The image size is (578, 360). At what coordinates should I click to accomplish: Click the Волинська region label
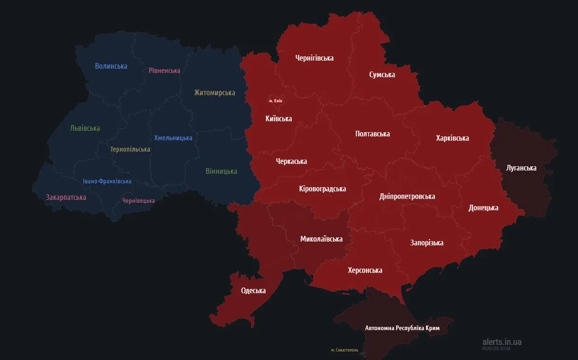click(x=111, y=66)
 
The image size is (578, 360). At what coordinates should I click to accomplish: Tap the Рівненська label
click(x=164, y=71)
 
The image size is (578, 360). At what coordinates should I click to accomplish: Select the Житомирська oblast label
click(x=214, y=93)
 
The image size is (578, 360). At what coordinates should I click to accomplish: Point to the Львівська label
click(x=85, y=128)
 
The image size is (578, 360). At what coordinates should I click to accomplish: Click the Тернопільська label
click(x=130, y=149)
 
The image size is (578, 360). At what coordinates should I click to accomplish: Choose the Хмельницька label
click(x=173, y=138)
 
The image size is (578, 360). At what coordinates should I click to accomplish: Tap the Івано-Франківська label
click(x=107, y=181)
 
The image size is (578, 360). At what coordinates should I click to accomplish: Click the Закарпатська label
click(x=66, y=198)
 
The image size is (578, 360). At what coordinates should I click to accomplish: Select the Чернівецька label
click(x=138, y=201)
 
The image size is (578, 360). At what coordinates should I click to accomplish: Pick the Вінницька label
click(x=221, y=171)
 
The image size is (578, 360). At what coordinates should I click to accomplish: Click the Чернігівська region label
click(x=314, y=58)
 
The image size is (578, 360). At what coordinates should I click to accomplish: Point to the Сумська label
click(x=382, y=75)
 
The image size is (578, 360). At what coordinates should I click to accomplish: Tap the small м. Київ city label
click(x=276, y=101)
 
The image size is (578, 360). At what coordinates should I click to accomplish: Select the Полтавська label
click(x=372, y=134)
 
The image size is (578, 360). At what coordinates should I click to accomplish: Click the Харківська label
click(x=452, y=138)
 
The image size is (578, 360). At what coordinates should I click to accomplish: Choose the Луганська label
click(x=521, y=168)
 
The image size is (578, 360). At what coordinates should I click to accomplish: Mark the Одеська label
click(x=253, y=291)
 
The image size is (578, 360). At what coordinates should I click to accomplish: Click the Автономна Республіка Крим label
click(x=402, y=328)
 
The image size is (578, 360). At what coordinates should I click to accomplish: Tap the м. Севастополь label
click(x=344, y=350)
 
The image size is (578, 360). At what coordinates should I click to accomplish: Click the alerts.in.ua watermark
click(x=502, y=342)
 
